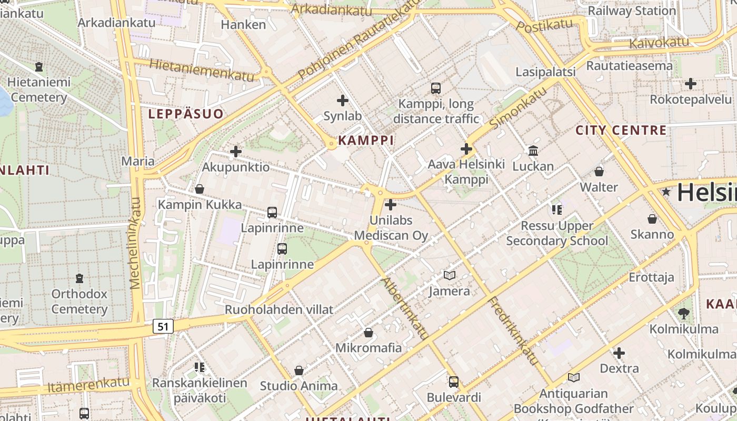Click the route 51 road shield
point(163,326)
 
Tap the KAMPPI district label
point(366,140)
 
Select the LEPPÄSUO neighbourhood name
point(186,114)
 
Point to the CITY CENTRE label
point(621,130)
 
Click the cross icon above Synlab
point(343,100)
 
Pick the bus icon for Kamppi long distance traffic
point(436,88)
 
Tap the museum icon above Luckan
point(533,151)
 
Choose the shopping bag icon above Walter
point(599,172)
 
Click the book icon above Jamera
point(450,275)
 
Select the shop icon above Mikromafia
point(368,333)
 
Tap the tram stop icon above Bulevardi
point(454,382)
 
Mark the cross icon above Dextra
point(619,353)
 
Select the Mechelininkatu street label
point(136,243)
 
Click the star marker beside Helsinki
point(666,192)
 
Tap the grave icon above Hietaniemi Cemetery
point(38,67)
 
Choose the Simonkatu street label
point(518,108)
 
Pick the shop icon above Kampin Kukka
point(200,189)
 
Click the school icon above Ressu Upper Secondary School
point(557,210)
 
